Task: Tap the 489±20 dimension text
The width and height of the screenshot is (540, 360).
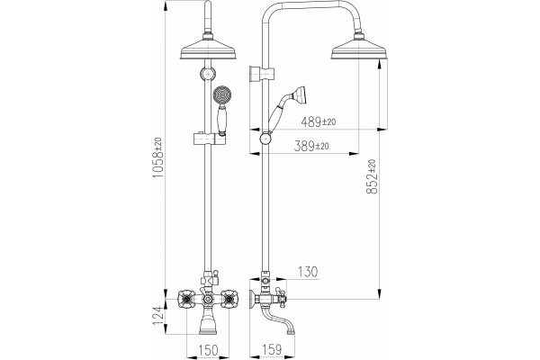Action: pos(319,121)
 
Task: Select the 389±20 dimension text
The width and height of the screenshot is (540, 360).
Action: pos(311,146)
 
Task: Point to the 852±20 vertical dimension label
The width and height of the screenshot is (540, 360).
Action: pos(372,176)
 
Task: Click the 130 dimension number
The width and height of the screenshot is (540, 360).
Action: pos(308,272)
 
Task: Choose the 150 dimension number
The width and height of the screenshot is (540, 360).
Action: pos(209,350)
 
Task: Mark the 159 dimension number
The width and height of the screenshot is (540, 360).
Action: pos(272,350)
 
